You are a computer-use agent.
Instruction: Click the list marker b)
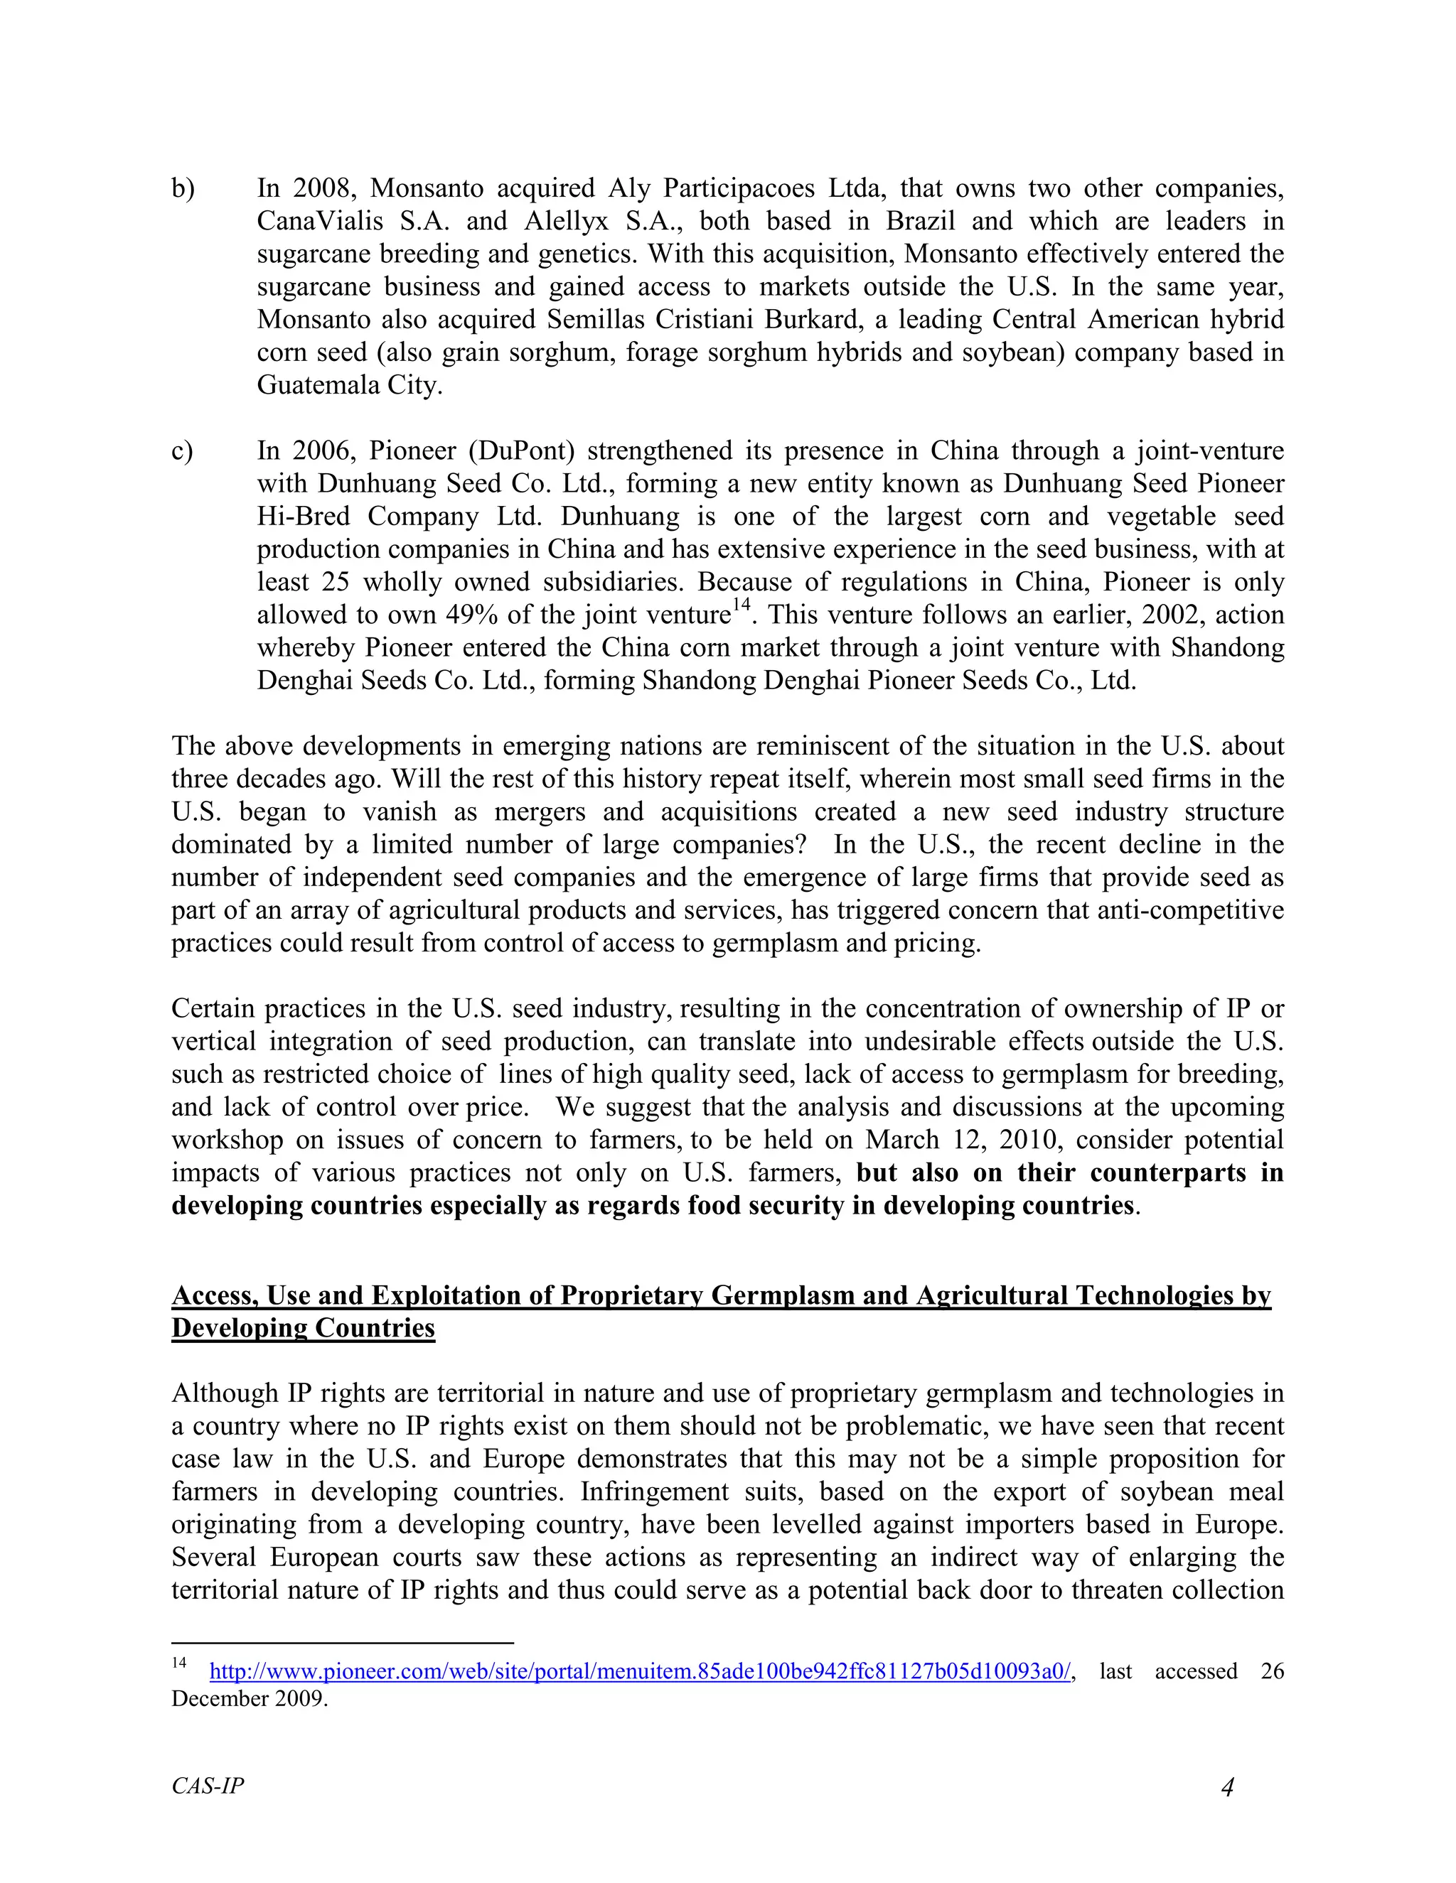(183, 189)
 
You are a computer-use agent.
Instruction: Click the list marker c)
(182, 451)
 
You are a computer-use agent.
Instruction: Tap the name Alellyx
(567, 222)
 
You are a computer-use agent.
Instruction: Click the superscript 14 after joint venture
(741, 607)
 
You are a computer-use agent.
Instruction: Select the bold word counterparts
(1168, 1173)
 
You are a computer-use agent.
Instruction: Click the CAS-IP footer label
(208, 1786)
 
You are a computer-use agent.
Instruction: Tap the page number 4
(1226, 1786)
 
